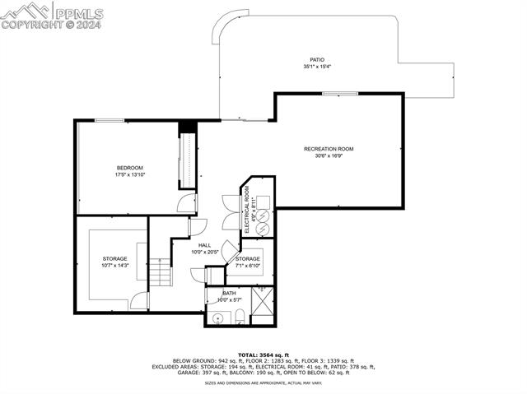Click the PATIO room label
[x=316, y=60]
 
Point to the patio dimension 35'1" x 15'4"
[x=316, y=67]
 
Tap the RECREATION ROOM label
[x=329, y=149]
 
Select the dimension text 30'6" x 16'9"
[x=329, y=155]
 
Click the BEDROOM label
[x=129, y=168]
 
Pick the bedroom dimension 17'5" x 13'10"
[x=129, y=174]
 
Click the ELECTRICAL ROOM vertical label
[x=246, y=210]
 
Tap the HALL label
[x=204, y=245]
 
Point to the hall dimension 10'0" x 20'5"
[x=204, y=252]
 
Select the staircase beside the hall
[x=160, y=272]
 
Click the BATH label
[x=228, y=293]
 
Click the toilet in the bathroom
[x=239, y=316]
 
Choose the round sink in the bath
[x=218, y=317]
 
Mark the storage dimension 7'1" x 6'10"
[x=248, y=266]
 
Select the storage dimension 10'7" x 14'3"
[x=114, y=266]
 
